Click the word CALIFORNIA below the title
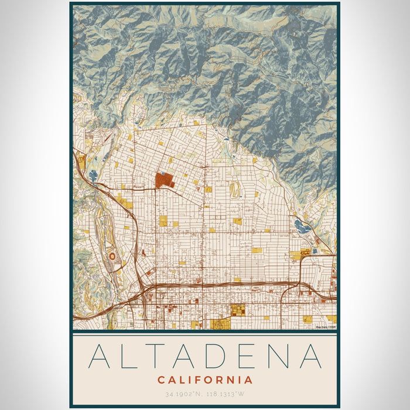click(205, 380)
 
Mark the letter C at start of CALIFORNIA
click(161, 380)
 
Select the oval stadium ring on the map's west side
click(112, 257)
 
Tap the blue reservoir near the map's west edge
click(93, 175)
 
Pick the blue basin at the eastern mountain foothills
click(301, 226)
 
